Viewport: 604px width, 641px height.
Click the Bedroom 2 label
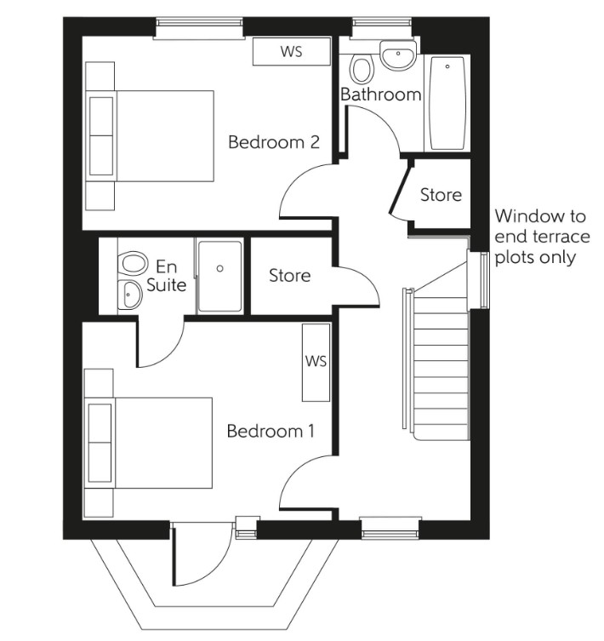pos(273,142)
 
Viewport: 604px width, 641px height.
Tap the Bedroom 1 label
pos(270,432)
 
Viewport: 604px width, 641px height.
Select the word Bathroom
pos(380,94)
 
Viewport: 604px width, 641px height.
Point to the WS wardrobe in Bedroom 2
pos(291,52)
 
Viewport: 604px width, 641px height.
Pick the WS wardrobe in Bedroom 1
pos(316,362)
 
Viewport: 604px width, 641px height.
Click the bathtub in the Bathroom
pos(447,104)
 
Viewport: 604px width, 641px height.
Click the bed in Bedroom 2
pos(150,136)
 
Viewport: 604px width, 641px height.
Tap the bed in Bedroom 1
pos(150,443)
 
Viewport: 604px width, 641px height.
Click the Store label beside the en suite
pos(289,276)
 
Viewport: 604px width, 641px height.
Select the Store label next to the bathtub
pos(441,195)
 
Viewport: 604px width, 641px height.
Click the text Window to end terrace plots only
pos(540,237)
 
